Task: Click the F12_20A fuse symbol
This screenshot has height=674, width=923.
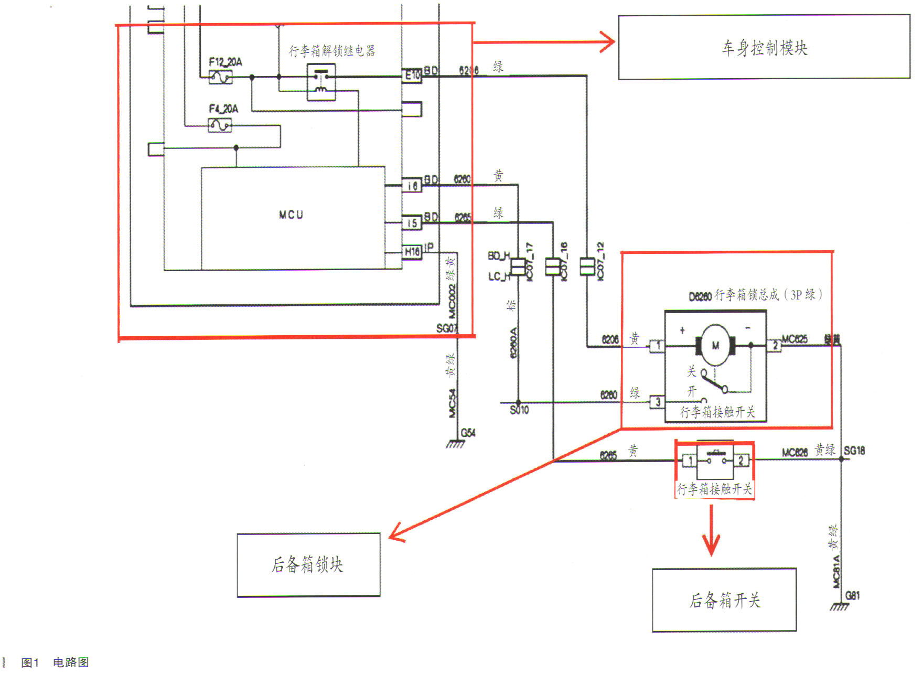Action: (x=220, y=78)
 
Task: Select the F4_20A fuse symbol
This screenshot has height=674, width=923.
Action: (x=220, y=125)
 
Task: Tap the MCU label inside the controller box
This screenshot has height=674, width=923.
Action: (x=291, y=215)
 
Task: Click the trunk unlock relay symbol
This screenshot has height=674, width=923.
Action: (x=321, y=82)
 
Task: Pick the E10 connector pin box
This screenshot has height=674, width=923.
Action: (x=412, y=76)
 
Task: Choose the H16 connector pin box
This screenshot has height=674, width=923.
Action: (x=412, y=252)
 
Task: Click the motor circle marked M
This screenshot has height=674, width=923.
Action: (x=715, y=345)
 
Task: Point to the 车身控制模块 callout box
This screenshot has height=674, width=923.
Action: (x=764, y=47)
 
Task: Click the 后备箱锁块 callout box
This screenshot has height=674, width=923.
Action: (x=308, y=565)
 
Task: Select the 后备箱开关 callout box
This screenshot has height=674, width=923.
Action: (x=724, y=600)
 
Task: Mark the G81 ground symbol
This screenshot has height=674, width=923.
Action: (x=840, y=606)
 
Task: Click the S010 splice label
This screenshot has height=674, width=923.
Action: (x=519, y=410)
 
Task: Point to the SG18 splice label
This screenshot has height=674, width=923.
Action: (x=854, y=451)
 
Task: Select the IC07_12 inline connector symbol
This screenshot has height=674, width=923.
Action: (x=587, y=266)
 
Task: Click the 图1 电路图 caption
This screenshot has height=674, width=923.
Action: (x=55, y=662)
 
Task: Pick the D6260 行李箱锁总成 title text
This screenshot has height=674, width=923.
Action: (x=755, y=295)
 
